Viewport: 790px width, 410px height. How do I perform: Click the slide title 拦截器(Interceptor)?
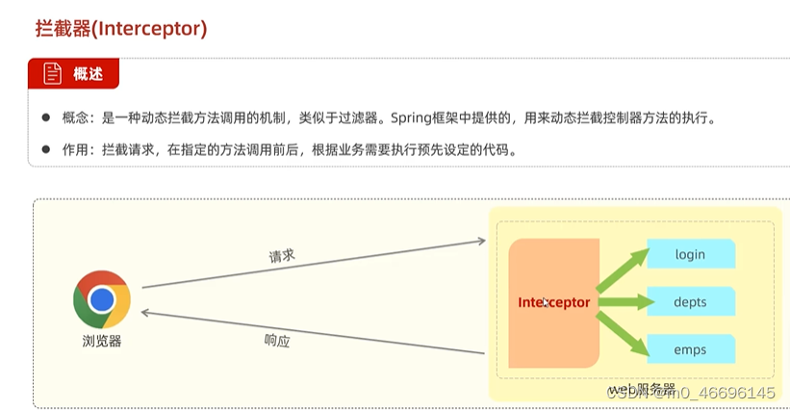pos(120,29)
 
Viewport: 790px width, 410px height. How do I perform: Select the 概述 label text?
pos(88,74)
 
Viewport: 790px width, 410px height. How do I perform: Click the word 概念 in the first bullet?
pos(75,118)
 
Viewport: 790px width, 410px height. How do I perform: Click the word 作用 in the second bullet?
pos(75,150)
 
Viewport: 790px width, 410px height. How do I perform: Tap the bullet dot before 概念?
pos(45,118)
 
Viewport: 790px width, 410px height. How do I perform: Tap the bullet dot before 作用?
pos(45,150)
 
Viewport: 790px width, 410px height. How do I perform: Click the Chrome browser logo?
pos(102,299)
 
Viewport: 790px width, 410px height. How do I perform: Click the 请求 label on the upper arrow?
pos(281,256)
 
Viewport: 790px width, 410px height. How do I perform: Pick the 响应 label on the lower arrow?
pos(277,340)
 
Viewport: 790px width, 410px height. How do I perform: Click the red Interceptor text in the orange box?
pos(554,302)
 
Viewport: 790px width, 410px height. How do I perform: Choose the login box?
pos(690,254)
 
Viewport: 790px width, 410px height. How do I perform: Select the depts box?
pos(690,302)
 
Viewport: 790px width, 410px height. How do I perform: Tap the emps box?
pos(690,348)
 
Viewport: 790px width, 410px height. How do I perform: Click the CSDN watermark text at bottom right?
pos(693,393)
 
